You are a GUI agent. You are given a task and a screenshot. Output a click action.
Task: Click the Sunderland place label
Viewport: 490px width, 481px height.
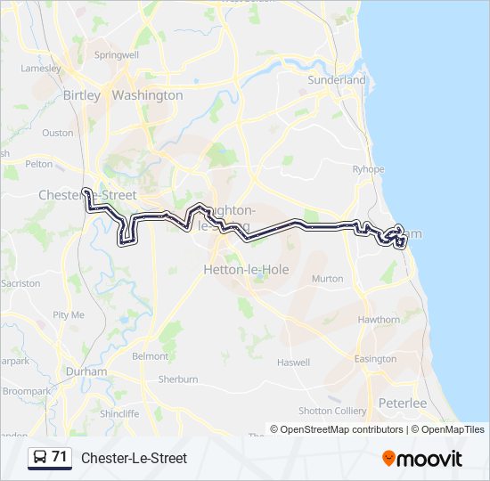click(337, 80)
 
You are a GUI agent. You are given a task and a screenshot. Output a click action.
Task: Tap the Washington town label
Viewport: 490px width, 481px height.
click(148, 95)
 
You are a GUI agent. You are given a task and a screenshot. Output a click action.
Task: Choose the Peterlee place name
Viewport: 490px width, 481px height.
click(403, 403)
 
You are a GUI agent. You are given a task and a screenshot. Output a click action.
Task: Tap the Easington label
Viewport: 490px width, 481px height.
click(375, 359)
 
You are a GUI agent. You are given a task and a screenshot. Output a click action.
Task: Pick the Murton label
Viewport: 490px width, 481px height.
click(327, 279)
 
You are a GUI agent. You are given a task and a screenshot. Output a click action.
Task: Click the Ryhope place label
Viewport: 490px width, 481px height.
click(368, 169)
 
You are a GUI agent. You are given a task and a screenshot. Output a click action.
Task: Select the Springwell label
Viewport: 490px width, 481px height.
click(117, 55)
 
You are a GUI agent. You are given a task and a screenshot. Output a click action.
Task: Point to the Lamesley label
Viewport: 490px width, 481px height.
click(41, 68)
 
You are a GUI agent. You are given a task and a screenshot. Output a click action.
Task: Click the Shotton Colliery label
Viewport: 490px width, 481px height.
click(332, 411)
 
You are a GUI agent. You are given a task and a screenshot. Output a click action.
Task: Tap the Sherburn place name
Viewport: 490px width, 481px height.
click(178, 379)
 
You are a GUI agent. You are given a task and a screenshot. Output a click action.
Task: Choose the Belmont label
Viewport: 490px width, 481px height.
click(150, 356)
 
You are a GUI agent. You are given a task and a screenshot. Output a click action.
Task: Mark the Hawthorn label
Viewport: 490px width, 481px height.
click(379, 320)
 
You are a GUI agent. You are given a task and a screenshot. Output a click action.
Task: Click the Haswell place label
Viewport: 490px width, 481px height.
click(293, 363)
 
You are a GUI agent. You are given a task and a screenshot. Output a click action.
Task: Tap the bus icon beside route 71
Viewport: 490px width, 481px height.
click(40, 458)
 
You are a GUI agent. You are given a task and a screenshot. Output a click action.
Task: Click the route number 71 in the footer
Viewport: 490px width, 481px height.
click(60, 457)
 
